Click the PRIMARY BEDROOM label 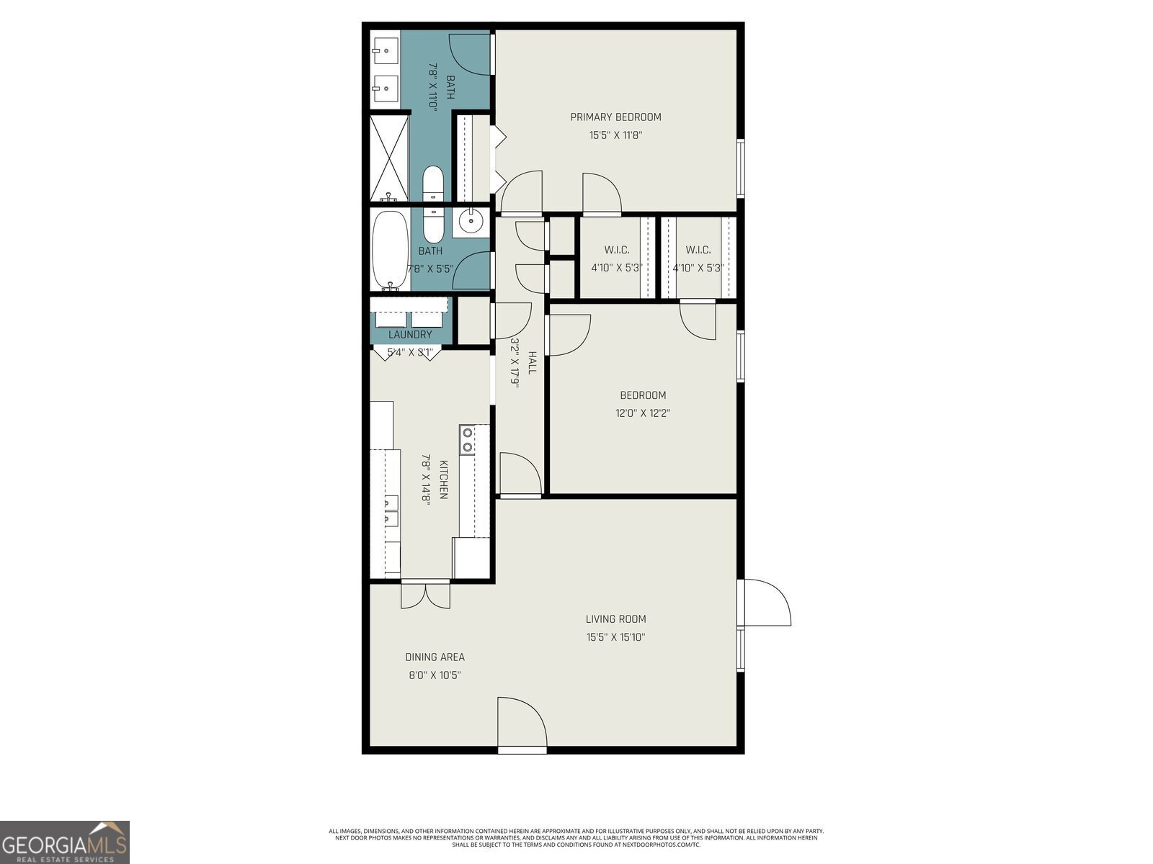615,117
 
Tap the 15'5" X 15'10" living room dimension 615,637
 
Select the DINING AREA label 435,657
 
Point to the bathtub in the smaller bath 390,249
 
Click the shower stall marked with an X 389,158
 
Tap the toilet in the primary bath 433,184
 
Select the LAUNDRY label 410,335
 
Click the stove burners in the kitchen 468,440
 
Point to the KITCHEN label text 444,480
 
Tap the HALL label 532,362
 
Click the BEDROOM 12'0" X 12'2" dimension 643,413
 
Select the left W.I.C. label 616,250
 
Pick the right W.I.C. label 698,250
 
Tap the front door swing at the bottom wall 522,724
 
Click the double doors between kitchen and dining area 425,595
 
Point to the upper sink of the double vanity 385,51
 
